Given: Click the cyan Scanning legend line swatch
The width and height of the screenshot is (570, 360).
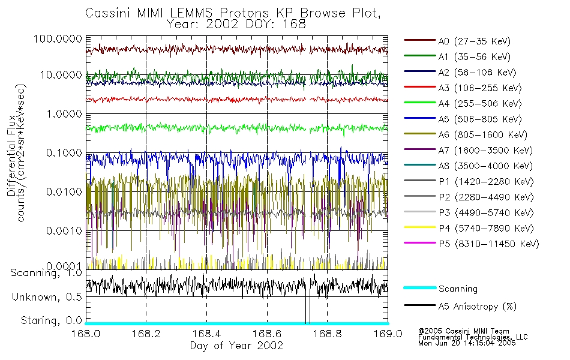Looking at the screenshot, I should click(x=419, y=289).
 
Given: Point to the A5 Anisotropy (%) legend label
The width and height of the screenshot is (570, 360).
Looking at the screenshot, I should click(x=477, y=307).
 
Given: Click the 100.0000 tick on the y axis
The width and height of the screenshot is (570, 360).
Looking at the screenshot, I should click(x=58, y=38).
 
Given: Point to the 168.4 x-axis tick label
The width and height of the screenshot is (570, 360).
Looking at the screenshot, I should click(x=206, y=334).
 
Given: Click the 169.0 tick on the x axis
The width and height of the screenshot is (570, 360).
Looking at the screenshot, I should click(x=387, y=334).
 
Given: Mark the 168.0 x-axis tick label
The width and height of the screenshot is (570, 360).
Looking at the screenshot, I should click(x=86, y=334).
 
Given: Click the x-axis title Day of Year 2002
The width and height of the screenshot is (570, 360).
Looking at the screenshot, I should click(x=236, y=346).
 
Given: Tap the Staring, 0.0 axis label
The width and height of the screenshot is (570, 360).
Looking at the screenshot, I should click(x=52, y=320).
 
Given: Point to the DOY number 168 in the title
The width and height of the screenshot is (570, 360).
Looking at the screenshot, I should click(x=295, y=25).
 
